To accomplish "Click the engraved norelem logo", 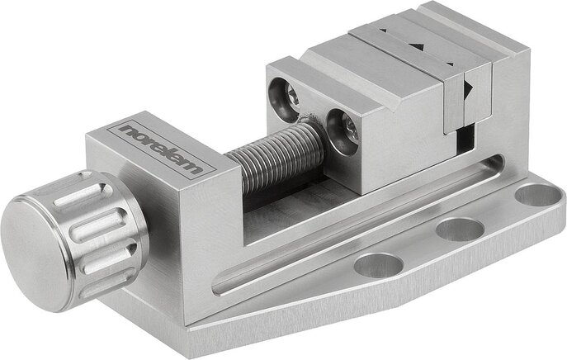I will click(x=160, y=149).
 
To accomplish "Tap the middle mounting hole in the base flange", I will click(x=459, y=229).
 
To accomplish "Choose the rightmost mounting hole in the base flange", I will click(x=535, y=195).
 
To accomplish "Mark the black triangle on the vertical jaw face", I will click(x=468, y=88).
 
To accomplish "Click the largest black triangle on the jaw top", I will click(x=414, y=48).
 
